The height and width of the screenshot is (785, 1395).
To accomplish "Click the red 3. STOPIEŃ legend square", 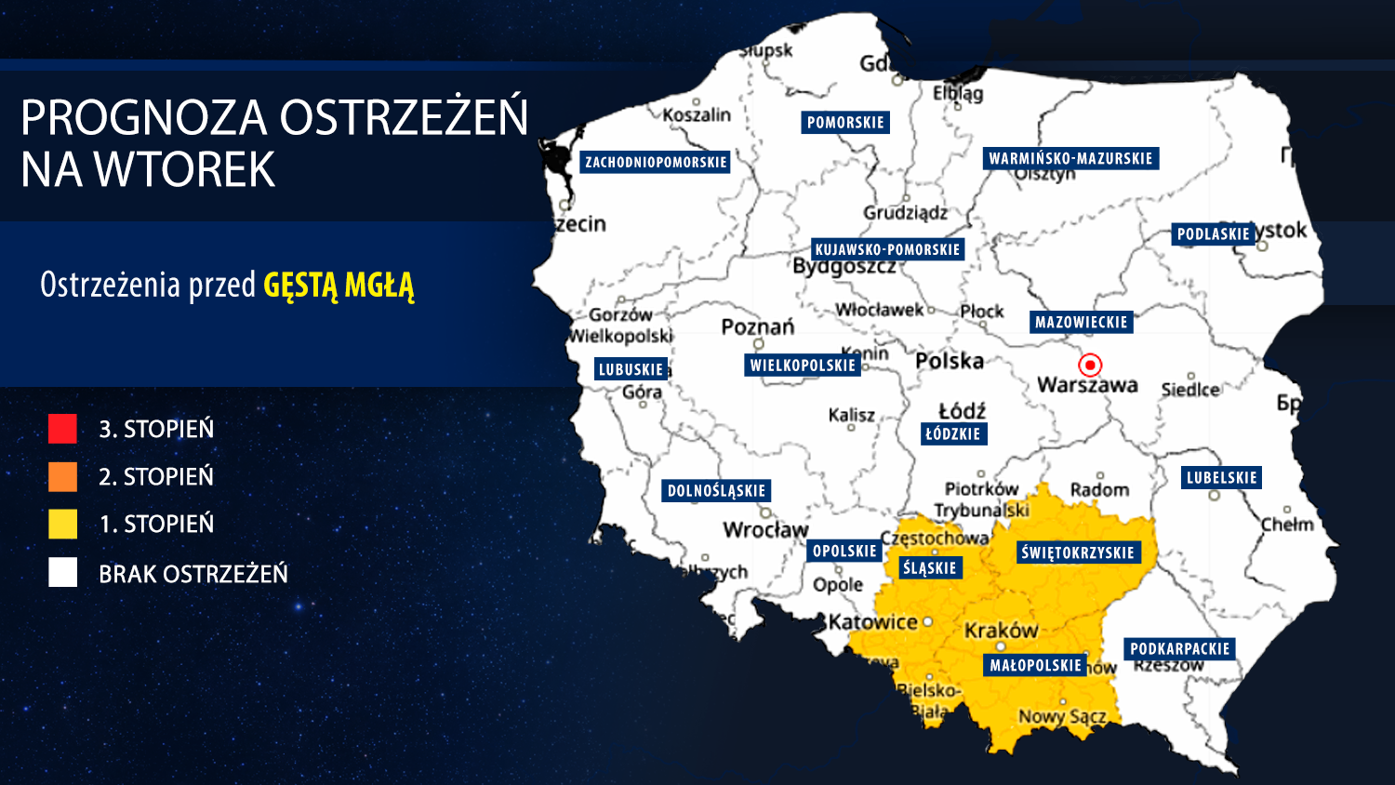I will pyautogui.click(x=62, y=429).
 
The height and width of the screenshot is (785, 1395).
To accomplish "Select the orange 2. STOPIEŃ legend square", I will pyautogui.click(x=62, y=476).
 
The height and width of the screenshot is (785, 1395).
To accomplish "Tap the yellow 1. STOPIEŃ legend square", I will pyautogui.click(x=62, y=524).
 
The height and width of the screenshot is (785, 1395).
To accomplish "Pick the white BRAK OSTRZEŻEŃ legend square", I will pyautogui.click(x=62, y=573).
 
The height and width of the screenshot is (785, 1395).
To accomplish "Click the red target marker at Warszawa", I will pyautogui.click(x=1090, y=365).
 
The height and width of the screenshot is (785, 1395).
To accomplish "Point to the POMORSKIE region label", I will pyautogui.click(x=845, y=123).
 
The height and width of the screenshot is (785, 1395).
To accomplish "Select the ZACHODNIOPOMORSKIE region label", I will pyautogui.click(x=656, y=163).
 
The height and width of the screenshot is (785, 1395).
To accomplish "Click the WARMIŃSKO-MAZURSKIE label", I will pyautogui.click(x=1070, y=159).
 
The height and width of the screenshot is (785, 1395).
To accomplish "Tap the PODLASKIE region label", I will pyautogui.click(x=1213, y=234).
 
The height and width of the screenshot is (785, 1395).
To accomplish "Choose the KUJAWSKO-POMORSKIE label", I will pyautogui.click(x=887, y=249).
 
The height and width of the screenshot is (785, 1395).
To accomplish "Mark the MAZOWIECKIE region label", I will pyautogui.click(x=1081, y=323).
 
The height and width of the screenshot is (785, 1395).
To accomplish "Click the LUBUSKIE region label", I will pyautogui.click(x=631, y=369).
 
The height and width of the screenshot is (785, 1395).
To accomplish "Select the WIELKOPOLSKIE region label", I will pyautogui.click(x=803, y=366).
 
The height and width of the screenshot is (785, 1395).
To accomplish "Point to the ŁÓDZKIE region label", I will pyautogui.click(x=952, y=433).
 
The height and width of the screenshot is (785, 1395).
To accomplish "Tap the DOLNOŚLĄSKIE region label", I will pyautogui.click(x=716, y=491).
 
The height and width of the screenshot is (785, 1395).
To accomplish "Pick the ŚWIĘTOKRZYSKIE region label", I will pyautogui.click(x=1077, y=552).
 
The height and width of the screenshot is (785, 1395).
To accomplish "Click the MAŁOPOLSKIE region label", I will pyautogui.click(x=1035, y=665).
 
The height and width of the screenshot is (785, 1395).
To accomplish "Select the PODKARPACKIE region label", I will pyautogui.click(x=1179, y=649).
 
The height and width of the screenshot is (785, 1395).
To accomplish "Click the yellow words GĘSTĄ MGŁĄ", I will pyautogui.click(x=339, y=285).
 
